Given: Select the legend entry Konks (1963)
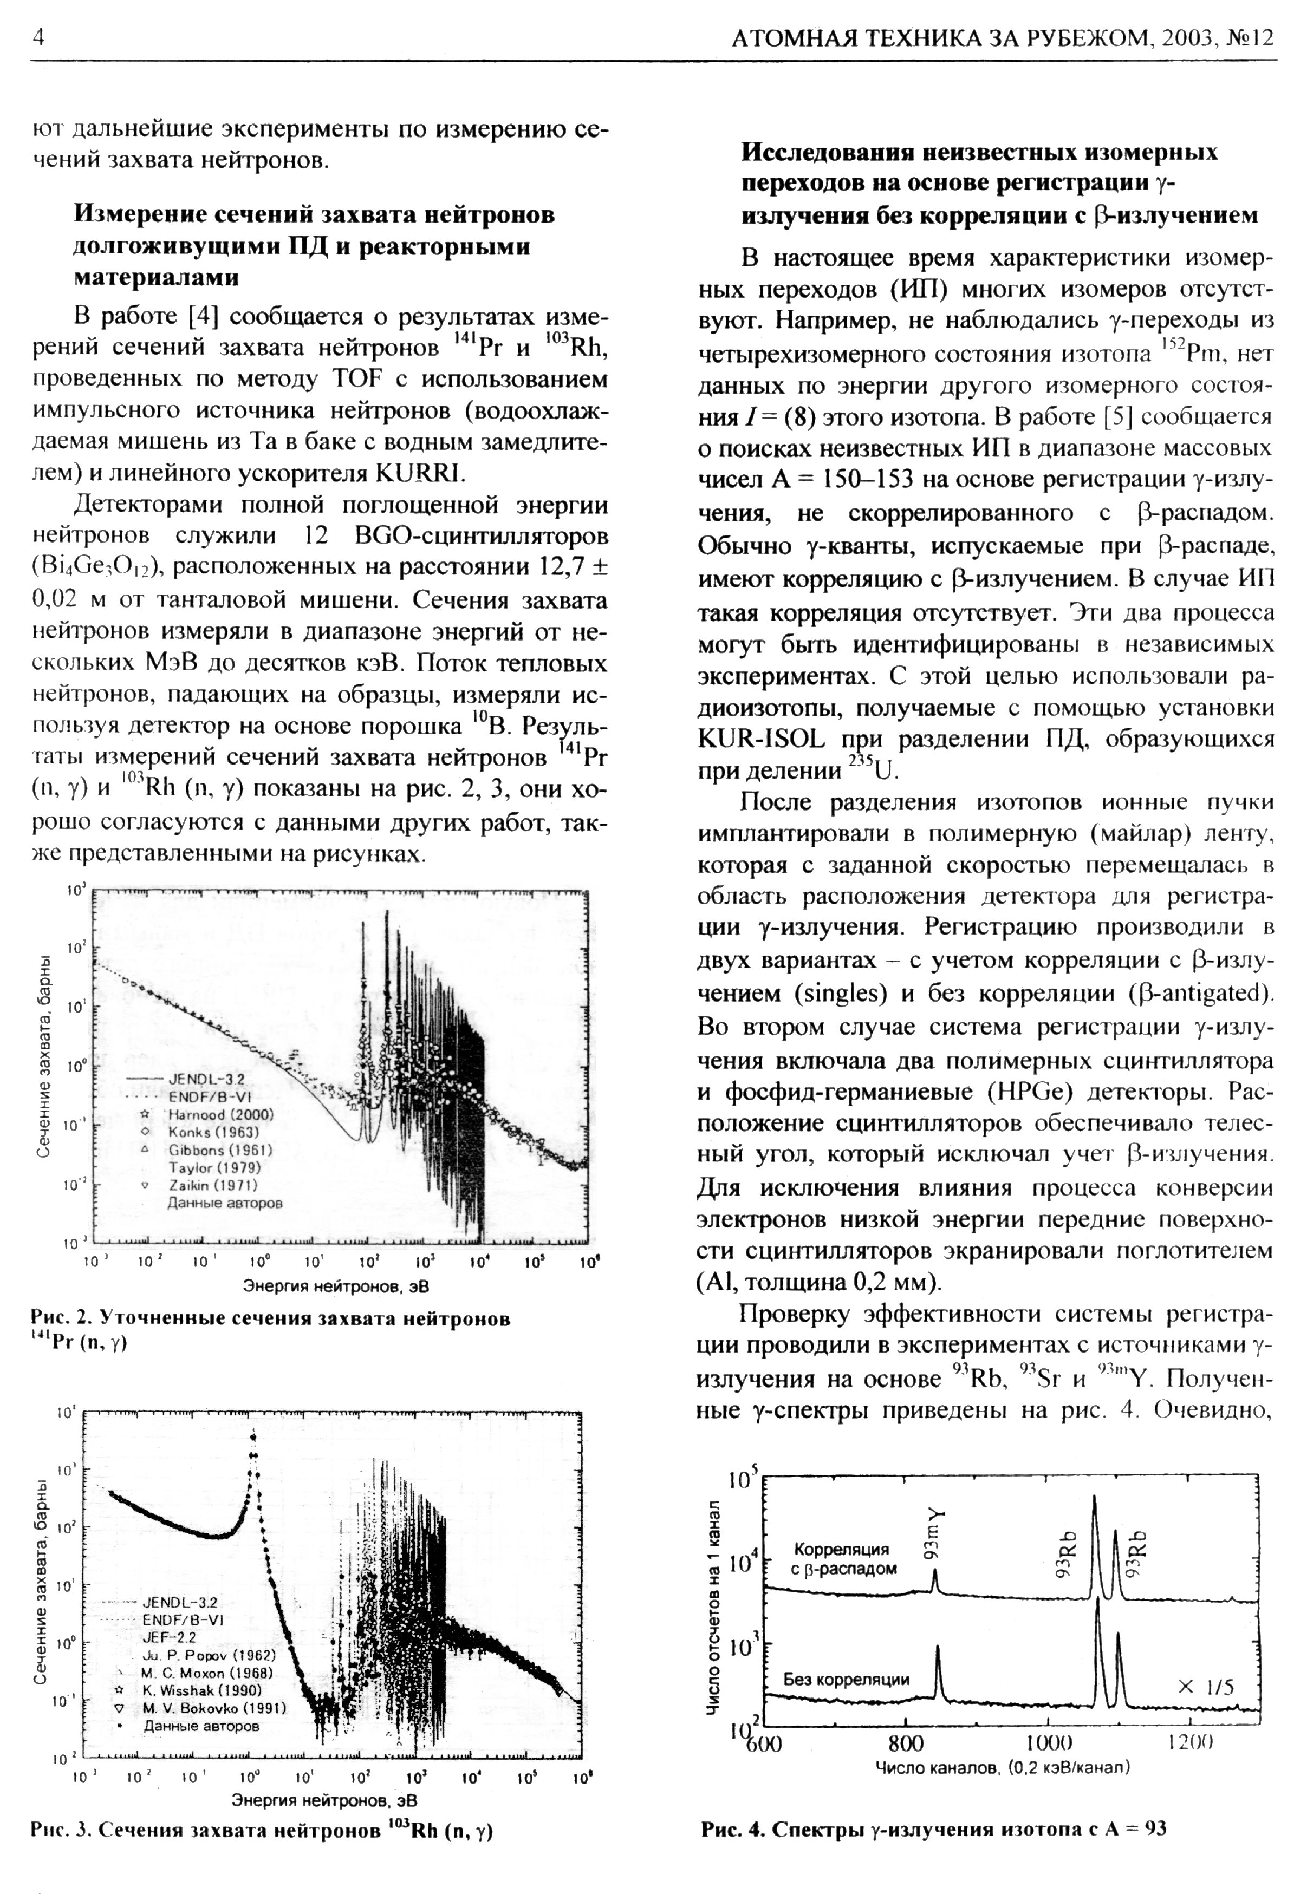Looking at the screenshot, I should point(213,1132).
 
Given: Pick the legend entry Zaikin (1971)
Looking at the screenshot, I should point(213,1185).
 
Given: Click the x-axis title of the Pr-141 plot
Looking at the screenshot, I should point(336,1286).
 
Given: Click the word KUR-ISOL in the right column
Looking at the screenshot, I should point(761,739).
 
